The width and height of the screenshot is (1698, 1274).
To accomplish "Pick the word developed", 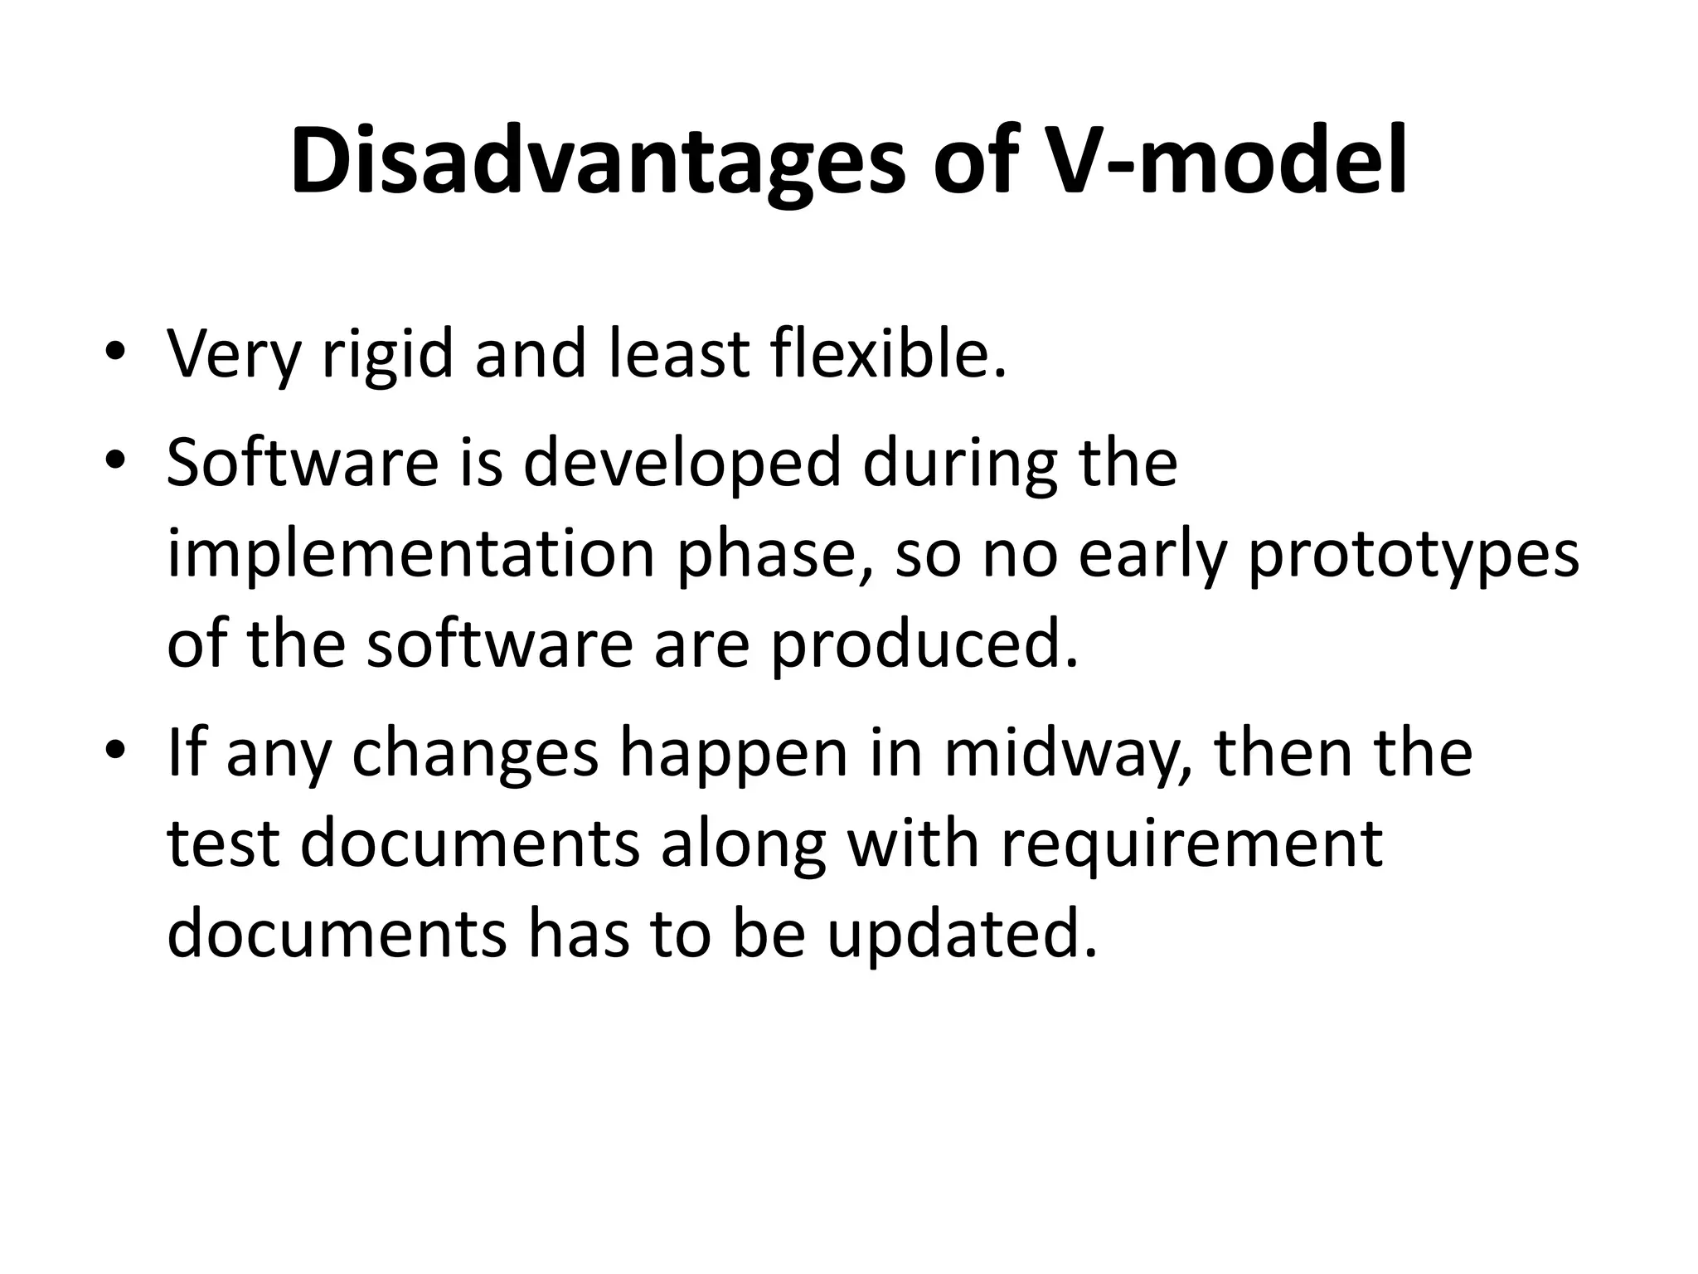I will click(x=683, y=464).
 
